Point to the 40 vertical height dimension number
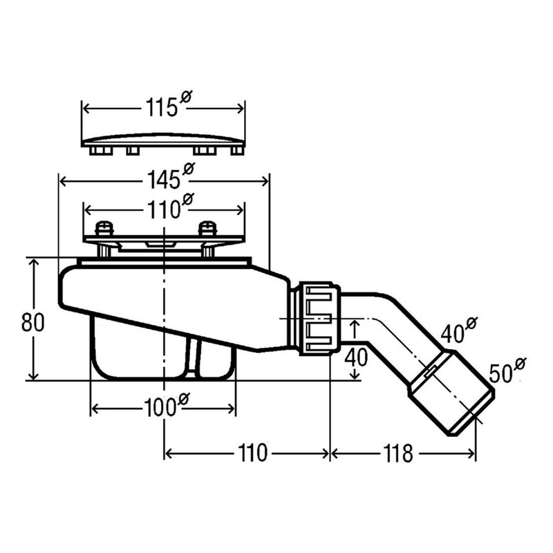355,357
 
